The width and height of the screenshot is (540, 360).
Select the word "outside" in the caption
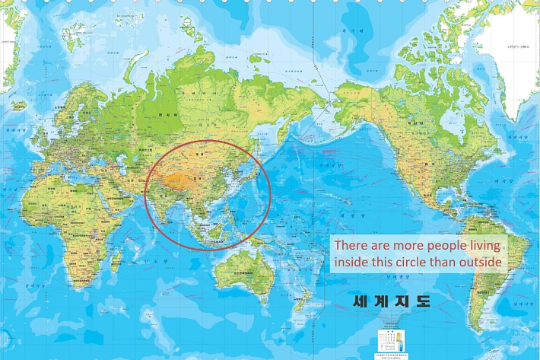tap(481, 263)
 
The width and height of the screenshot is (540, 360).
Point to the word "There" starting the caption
tap(351, 246)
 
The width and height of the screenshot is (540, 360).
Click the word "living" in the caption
tap(484, 246)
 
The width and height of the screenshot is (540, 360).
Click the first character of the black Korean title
tap(361, 301)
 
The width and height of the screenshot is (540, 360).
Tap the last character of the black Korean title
tap(423, 301)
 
